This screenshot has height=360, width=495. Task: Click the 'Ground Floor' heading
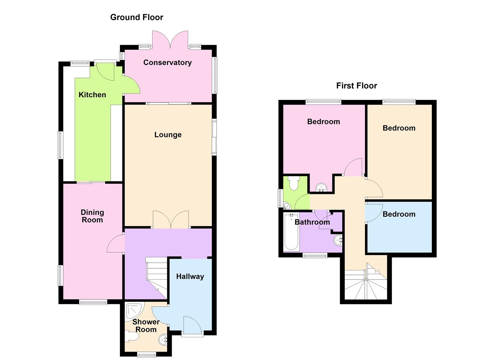137,17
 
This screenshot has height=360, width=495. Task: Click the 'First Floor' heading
356,86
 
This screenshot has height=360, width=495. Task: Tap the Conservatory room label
167,63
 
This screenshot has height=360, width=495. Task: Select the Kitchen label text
92,95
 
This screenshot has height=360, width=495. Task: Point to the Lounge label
168,135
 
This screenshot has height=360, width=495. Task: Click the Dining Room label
92,216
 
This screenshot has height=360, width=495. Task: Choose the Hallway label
190,276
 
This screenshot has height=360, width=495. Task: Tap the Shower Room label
146,326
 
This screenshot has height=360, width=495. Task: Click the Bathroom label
312,222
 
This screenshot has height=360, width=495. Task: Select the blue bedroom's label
399,214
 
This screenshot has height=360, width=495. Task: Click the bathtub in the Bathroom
291,232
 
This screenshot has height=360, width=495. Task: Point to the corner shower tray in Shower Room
135,311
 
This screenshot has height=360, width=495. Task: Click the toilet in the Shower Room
133,337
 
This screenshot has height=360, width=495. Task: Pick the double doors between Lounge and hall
171,220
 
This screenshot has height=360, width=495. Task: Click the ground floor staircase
156,277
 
